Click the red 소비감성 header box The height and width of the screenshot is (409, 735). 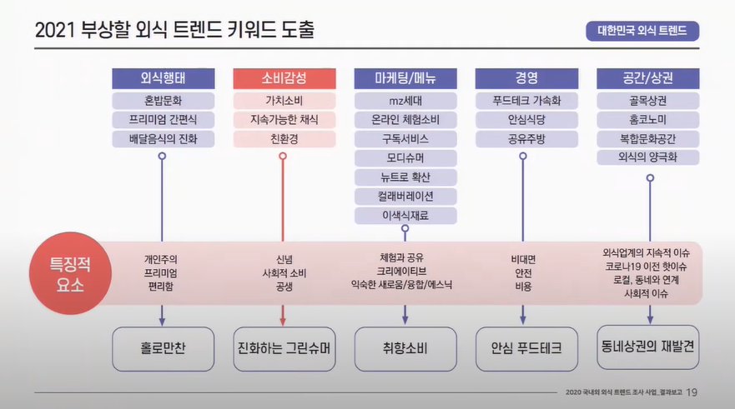pyautogui.click(x=284, y=79)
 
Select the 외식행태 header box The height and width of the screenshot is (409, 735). pyautogui.click(x=162, y=79)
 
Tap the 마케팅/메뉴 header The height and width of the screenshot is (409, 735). pyautogui.click(x=405, y=79)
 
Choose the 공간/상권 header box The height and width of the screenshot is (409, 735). pyautogui.click(x=648, y=79)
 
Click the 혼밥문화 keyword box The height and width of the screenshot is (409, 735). pyautogui.click(x=162, y=101)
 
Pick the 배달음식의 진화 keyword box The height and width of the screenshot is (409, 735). pyautogui.click(x=162, y=139)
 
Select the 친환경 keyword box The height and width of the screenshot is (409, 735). pyautogui.click(x=284, y=139)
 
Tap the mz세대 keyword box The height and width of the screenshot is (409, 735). pyautogui.click(x=405, y=101)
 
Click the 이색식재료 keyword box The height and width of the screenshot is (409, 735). pyautogui.click(x=405, y=216)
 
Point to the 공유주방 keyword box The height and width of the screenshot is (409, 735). pyautogui.click(x=526, y=139)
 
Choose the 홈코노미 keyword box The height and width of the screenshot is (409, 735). pyautogui.click(x=648, y=120)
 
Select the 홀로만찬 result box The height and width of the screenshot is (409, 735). pyautogui.click(x=163, y=348)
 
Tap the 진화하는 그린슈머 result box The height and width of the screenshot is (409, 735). pyautogui.click(x=284, y=348)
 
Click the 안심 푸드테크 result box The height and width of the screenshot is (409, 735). pyautogui.click(x=526, y=348)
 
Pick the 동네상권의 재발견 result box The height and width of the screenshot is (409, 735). pyautogui.click(x=648, y=347)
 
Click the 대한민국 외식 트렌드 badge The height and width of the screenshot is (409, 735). pyautogui.click(x=642, y=32)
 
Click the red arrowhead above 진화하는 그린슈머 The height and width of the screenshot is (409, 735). pyautogui.click(x=284, y=319)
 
